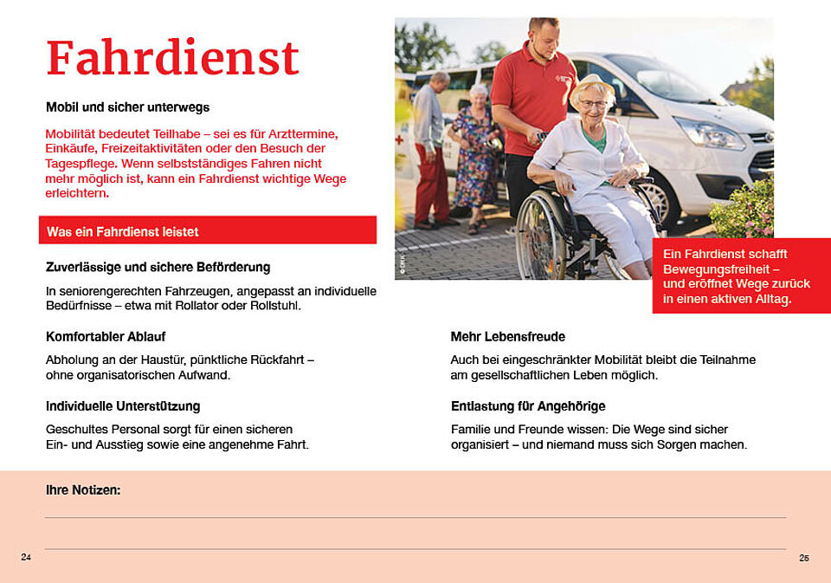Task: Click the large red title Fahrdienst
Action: (172, 58)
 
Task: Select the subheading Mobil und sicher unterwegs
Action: (127, 107)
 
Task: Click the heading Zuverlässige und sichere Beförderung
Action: (158, 267)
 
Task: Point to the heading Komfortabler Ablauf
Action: (106, 336)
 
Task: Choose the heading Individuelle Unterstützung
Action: (123, 405)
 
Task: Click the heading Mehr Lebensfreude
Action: (507, 336)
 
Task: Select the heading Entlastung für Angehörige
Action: (528, 405)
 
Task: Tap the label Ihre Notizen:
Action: (83, 490)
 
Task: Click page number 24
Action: (26, 557)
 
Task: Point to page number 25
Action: (804, 558)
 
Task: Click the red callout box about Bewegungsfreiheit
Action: (740, 276)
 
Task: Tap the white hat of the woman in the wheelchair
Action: (593, 85)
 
